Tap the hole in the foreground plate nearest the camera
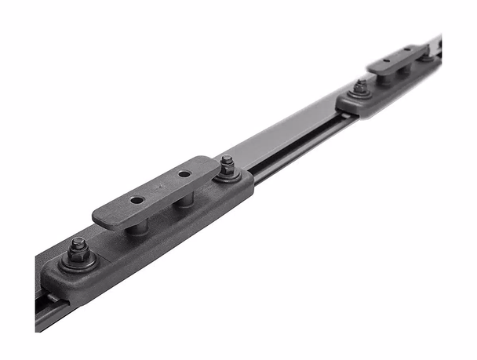[137, 200]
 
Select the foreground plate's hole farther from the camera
[184, 174]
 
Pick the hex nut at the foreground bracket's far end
[227, 165]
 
